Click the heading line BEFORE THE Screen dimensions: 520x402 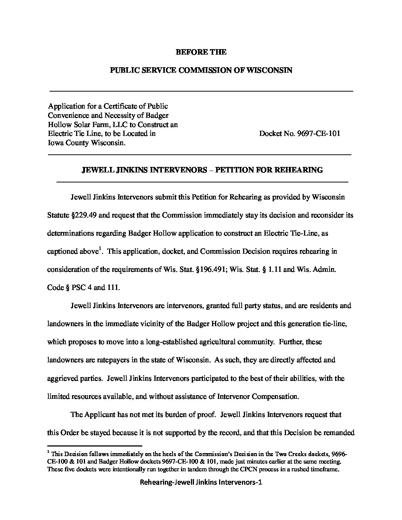pos(201,52)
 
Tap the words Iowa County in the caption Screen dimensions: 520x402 pos(68,143)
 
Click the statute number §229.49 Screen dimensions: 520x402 pos(81,215)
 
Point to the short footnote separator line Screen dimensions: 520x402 pos(95,446)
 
